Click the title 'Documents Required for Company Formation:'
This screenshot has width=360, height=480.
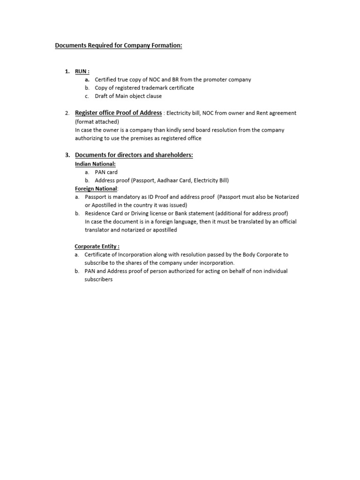pos(119,45)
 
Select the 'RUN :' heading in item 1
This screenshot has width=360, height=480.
pos(82,71)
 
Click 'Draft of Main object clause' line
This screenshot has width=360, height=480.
pos(128,96)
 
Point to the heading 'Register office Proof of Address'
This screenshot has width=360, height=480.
pos(118,113)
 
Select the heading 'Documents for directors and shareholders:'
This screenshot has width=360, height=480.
pos(134,155)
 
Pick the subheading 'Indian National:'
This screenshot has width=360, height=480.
pos(95,164)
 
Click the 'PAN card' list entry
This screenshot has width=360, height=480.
pos(106,172)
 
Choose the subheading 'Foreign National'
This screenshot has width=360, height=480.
pos(95,189)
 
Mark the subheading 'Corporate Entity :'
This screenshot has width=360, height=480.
pos(97,246)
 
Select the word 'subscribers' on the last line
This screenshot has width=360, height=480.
pos(98,279)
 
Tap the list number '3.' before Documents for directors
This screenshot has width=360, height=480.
pos(67,155)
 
